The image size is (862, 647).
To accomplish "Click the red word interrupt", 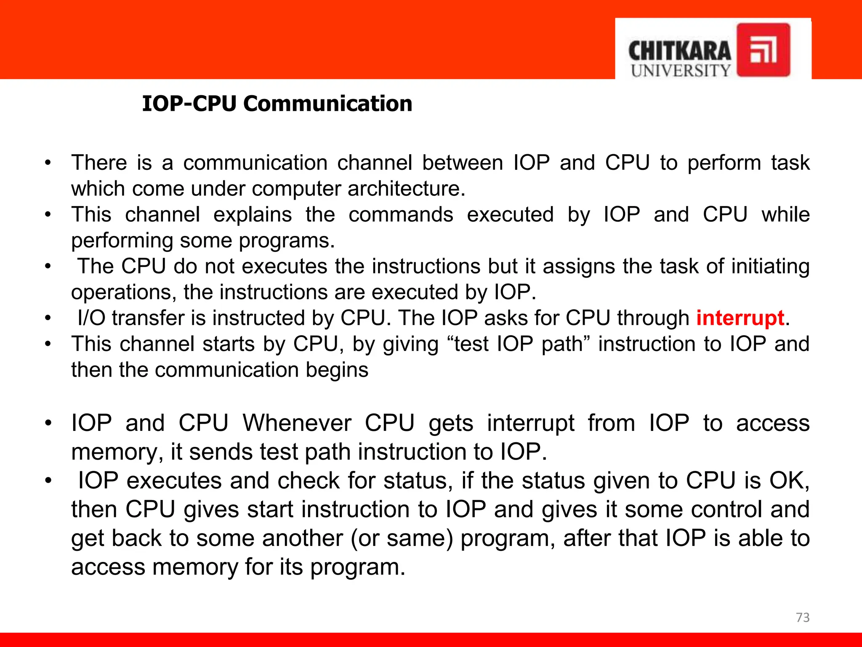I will pyautogui.click(x=740, y=318).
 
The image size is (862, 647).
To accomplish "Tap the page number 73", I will pyautogui.click(x=803, y=618).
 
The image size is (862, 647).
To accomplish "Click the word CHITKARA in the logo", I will pyautogui.click(x=679, y=51).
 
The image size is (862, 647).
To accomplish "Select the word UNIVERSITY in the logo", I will pyautogui.click(x=681, y=71).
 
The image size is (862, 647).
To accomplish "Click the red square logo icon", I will pyautogui.click(x=763, y=50).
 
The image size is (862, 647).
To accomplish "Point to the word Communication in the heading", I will pyautogui.click(x=327, y=104).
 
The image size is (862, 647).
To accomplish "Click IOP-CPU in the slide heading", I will pyautogui.click(x=189, y=104).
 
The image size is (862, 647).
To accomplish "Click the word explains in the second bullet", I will pyautogui.click(x=253, y=214).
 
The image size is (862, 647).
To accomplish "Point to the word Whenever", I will pyautogui.click(x=297, y=423).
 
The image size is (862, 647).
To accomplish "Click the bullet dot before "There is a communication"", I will pyautogui.click(x=48, y=163).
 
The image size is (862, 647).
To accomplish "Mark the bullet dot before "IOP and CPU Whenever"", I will pyautogui.click(x=48, y=423).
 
